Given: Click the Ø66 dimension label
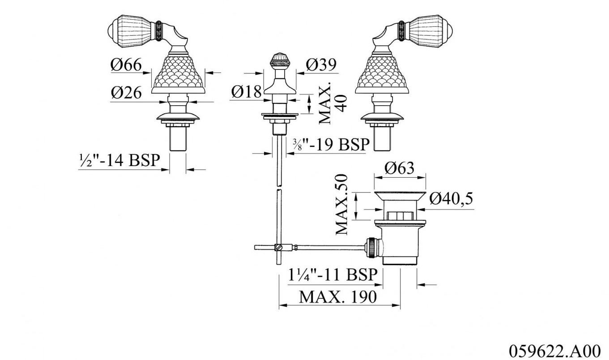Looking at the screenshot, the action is (x=126, y=65).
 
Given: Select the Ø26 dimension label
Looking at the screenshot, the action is (x=126, y=93).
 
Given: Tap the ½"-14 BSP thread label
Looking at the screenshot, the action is (x=119, y=160).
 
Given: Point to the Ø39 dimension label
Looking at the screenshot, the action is (x=321, y=64).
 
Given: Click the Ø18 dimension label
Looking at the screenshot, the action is (x=246, y=92).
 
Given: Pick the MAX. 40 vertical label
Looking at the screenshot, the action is (x=332, y=103).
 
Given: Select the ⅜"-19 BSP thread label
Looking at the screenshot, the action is (x=331, y=145).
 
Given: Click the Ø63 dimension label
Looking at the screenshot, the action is (x=400, y=168).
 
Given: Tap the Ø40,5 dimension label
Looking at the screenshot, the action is (x=451, y=198).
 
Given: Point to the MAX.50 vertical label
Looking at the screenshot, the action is (x=341, y=204).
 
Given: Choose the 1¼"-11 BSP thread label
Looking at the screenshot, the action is (x=333, y=275).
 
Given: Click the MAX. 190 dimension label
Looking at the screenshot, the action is (x=338, y=296).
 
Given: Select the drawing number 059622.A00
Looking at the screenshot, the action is (x=554, y=351).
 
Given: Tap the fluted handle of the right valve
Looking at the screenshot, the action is (x=430, y=31).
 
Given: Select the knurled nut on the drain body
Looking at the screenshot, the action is (x=372, y=247).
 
